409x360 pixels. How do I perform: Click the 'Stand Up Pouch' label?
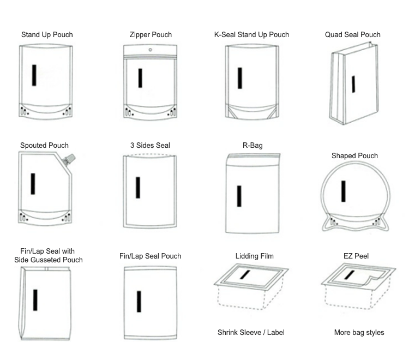(x=47, y=35)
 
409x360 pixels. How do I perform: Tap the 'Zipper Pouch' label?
(x=151, y=35)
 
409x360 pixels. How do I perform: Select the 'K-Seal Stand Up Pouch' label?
(x=251, y=35)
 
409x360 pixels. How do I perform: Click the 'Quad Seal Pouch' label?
(x=353, y=35)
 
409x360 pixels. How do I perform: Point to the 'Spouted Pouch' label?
(x=44, y=146)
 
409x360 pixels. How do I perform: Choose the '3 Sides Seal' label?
(x=150, y=146)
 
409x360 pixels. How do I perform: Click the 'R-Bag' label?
(x=252, y=146)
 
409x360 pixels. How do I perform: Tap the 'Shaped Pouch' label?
(x=354, y=156)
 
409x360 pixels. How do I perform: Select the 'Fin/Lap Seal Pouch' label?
(x=150, y=256)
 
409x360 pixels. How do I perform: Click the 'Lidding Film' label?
(x=254, y=256)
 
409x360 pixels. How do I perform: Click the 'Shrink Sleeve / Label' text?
(x=251, y=333)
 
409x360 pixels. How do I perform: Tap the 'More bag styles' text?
(x=359, y=333)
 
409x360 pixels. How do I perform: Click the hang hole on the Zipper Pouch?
(x=151, y=50)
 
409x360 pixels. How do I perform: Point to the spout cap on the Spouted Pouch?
(x=69, y=160)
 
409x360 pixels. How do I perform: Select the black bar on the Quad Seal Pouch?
(x=353, y=84)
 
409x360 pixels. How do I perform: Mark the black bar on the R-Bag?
(x=239, y=196)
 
